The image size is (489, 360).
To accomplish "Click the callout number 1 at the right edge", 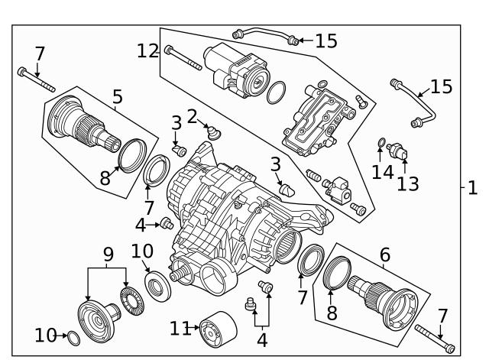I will [x=473, y=187].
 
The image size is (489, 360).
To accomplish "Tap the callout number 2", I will [x=193, y=116].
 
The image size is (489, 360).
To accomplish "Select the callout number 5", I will [x=117, y=97].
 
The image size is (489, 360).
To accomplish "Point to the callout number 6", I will [x=384, y=255].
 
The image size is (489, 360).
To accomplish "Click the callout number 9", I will [x=108, y=252].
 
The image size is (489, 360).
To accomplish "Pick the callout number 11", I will [x=179, y=328].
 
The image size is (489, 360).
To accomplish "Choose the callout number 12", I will [x=148, y=51].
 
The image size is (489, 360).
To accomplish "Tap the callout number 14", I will [x=382, y=172].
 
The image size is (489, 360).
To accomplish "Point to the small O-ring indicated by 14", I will [x=381, y=142].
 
